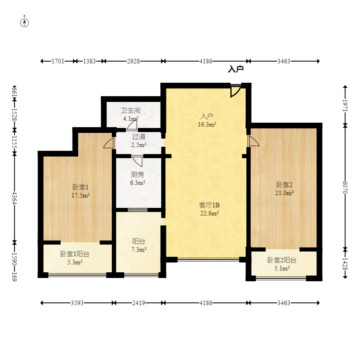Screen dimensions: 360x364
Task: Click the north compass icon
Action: pyautogui.click(x=24, y=23)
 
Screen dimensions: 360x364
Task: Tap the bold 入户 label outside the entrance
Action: pyautogui.click(x=236, y=69)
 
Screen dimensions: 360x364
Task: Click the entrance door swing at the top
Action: pyautogui.click(x=236, y=91)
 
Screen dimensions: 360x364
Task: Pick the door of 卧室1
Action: pyautogui.click(x=109, y=143)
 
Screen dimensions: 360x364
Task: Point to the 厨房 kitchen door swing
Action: pyautogui.click(x=137, y=161)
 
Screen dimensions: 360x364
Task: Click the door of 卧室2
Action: pyautogui.click(x=253, y=141)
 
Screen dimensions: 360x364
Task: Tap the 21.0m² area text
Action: pyautogui.click(x=284, y=193)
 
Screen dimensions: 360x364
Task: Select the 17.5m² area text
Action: pyautogui.click(x=81, y=195)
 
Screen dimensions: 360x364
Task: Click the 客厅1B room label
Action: pyautogui.click(x=209, y=205)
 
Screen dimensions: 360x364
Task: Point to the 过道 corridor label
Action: pyautogui.click(x=139, y=136)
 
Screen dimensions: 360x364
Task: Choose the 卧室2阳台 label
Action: pyautogui.click(x=282, y=260)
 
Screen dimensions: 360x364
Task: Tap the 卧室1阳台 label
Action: pyautogui.click(x=75, y=254)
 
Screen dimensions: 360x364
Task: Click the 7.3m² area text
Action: pyautogui.click(x=139, y=249)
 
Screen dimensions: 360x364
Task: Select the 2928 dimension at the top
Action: pyautogui.click(x=133, y=61)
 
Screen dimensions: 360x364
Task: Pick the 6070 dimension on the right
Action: pyautogui.click(x=345, y=188)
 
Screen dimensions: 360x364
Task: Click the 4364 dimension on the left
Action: pyautogui.click(x=14, y=198)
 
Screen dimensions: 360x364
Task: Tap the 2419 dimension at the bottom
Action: pyautogui.click(x=139, y=303)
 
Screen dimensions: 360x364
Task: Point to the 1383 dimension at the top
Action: pyautogui.click(x=89, y=61)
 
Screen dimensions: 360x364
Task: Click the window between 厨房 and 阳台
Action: pyautogui.click(x=137, y=210)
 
